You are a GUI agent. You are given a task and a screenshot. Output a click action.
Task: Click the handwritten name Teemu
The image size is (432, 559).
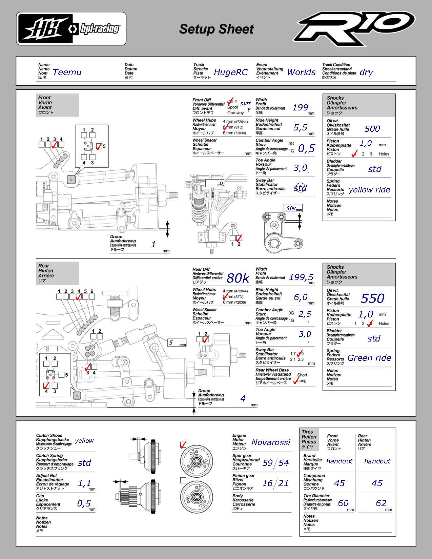pos(67,72)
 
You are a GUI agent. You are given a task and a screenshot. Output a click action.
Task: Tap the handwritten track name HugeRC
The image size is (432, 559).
pos(230,72)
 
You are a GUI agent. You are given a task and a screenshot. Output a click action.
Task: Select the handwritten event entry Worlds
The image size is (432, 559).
pos(301,72)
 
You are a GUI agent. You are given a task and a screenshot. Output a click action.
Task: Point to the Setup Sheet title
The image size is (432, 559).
pos(216,29)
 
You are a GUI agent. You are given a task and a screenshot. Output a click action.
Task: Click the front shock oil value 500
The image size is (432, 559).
pos(372,129)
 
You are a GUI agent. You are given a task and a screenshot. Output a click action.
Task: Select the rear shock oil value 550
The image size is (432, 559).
pos(372,298)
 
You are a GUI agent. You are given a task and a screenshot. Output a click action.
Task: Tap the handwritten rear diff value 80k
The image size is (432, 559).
pos(238,278)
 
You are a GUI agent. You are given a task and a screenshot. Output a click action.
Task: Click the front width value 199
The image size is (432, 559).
pos(300,107)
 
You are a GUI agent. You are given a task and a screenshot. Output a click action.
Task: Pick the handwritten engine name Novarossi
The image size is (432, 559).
pos(271,442)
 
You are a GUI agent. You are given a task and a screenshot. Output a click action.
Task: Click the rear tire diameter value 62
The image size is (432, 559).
pos(381,503)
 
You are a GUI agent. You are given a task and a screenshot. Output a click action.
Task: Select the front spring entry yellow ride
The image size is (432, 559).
pos(369,190)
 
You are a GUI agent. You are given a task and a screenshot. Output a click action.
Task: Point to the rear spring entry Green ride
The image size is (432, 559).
pos(369,358)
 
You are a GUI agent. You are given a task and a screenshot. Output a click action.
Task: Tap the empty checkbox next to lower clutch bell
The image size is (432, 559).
pos(183,480)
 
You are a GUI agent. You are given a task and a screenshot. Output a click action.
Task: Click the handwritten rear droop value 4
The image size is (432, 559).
pos(243,398)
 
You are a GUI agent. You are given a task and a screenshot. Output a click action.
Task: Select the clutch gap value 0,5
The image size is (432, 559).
pos(84,503)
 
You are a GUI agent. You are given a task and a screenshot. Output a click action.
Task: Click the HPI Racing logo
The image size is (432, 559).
pos(71,28)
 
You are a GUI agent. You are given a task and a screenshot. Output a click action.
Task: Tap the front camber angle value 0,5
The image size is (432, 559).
pos(306,148)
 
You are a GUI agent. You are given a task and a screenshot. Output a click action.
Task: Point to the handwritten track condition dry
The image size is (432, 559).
pos(366,72)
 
